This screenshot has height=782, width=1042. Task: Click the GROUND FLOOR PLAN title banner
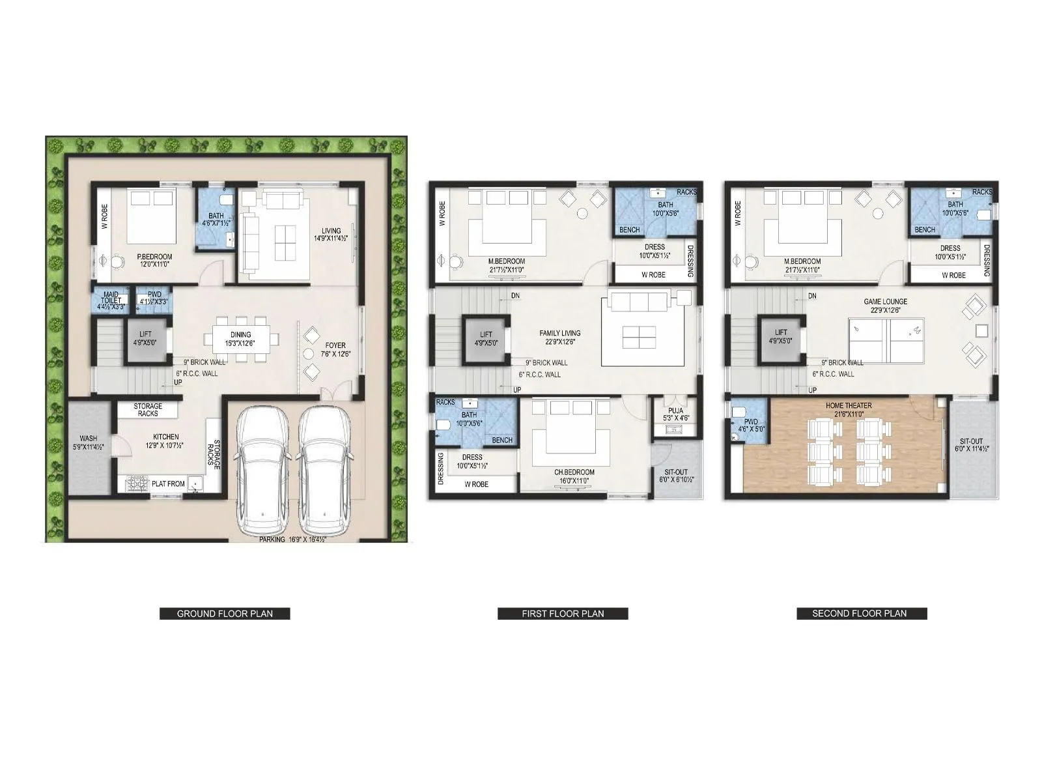[225, 613]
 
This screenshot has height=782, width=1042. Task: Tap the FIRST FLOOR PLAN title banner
[563, 613]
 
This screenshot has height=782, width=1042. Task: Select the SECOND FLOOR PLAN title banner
[861, 613]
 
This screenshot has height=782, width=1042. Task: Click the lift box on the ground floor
[145, 338]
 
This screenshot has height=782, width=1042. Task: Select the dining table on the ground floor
[241, 338]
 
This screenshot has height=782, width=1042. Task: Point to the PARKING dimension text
[292, 540]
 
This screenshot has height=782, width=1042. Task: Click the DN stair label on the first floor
[515, 296]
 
